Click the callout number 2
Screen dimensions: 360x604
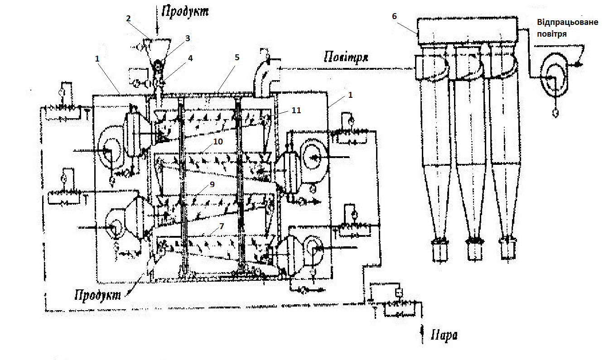[x=129, y=19]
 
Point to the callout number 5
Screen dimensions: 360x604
[x=237, y=58]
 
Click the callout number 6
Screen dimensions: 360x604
[x=394, y=16]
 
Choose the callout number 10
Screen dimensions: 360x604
[x=218, y=142]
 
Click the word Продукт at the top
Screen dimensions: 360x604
[x=183, y=11]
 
